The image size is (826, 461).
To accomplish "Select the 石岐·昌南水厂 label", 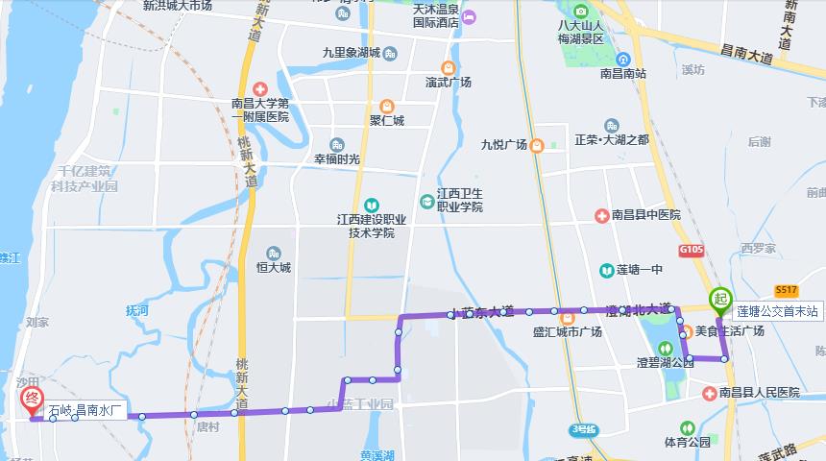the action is tap(87, 411).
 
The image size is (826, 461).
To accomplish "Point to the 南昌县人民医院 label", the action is tap(760, 393).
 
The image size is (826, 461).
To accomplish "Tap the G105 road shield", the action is tap(691, 250).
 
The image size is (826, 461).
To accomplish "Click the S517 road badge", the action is tap(787, 290).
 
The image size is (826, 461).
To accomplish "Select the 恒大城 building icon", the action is tap(275, 254).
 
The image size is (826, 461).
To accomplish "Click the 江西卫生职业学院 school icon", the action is tap(426, 201).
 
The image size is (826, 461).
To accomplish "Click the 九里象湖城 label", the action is tap(352, 53).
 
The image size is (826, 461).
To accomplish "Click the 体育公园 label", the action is tap(687, 443).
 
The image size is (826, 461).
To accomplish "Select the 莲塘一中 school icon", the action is tap(607, 270).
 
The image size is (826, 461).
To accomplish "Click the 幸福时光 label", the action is tap(337, 159).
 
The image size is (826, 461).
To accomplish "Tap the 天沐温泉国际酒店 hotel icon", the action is tap(468, 18).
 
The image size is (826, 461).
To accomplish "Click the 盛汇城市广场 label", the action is tap(568, 332).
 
